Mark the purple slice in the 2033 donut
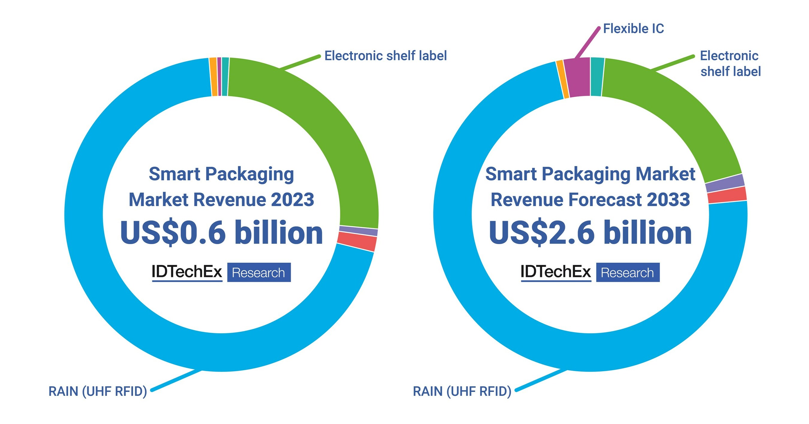point(725,183)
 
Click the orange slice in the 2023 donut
point(213,77)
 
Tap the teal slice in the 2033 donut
point(597,77)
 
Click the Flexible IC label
point(633,29)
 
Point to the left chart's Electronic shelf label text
point(385,56)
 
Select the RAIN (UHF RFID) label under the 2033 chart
point(462,391)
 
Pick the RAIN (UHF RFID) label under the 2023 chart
point(98,391)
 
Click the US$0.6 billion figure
point(222,233)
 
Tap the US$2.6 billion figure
point(590,233)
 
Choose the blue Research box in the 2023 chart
point(259,272)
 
